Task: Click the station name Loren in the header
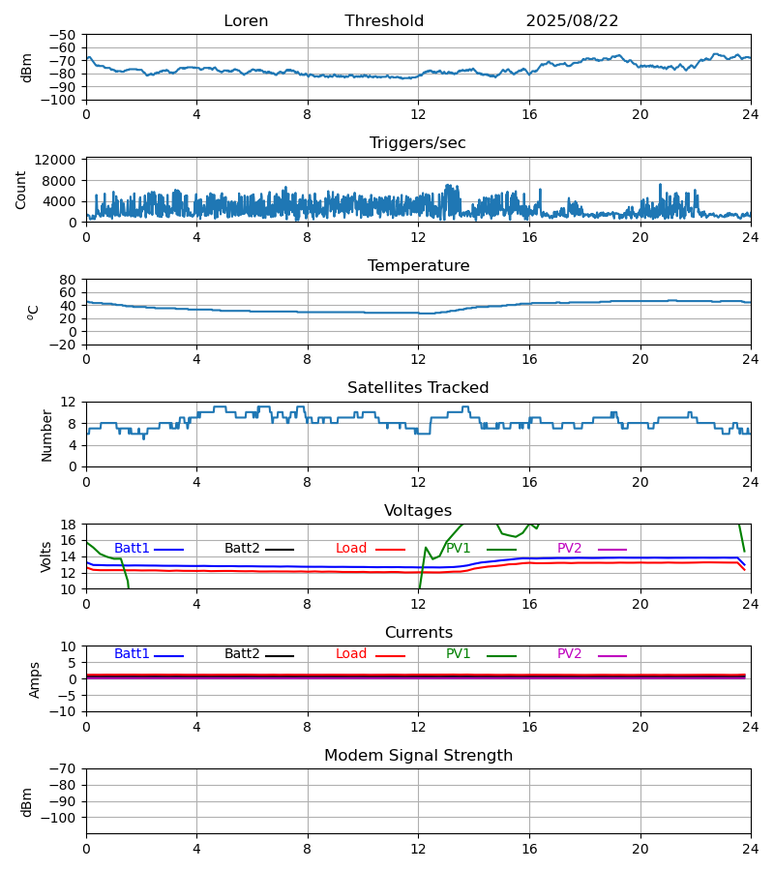pyautogui.click(x=246, y=21)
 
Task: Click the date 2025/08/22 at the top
pyautogui.click(x=572, y=21)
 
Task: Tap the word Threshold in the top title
pyautogui.click(x=384, y=21)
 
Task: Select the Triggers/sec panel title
pyautogui.click(x=417, y=143)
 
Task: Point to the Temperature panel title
pyautogui.click(x=418, y=266)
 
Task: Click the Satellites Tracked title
pyautogui.click(x=418, y=388)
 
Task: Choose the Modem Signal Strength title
pyautogui.click(x=418, y=756)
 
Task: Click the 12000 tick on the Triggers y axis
pyautogui.click(x=59, y=160)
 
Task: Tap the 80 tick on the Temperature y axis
pyautogui.click(x=68, y=280)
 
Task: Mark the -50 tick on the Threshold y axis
pyautogui.click(x=64, y=35)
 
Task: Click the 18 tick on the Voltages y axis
pyautogui.click(x=68, y=525)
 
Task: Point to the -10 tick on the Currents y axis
pyautogui.click(x=64, y=711)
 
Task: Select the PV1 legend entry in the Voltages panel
pyautogui.click(x=459, y=549)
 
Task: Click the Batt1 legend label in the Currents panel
pyautogui.click(x=132, y=654)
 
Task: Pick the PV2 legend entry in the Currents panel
pyautogui.click(x=569, y=654)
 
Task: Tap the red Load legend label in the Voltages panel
pyautogui.click(x=351, y=549)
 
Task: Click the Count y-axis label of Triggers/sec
pyautogui.click(x=21, y=190)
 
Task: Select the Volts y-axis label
pyautogui.click(x=46, y=556)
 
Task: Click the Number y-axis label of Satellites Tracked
pyautogui.click(x=46, y=435)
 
